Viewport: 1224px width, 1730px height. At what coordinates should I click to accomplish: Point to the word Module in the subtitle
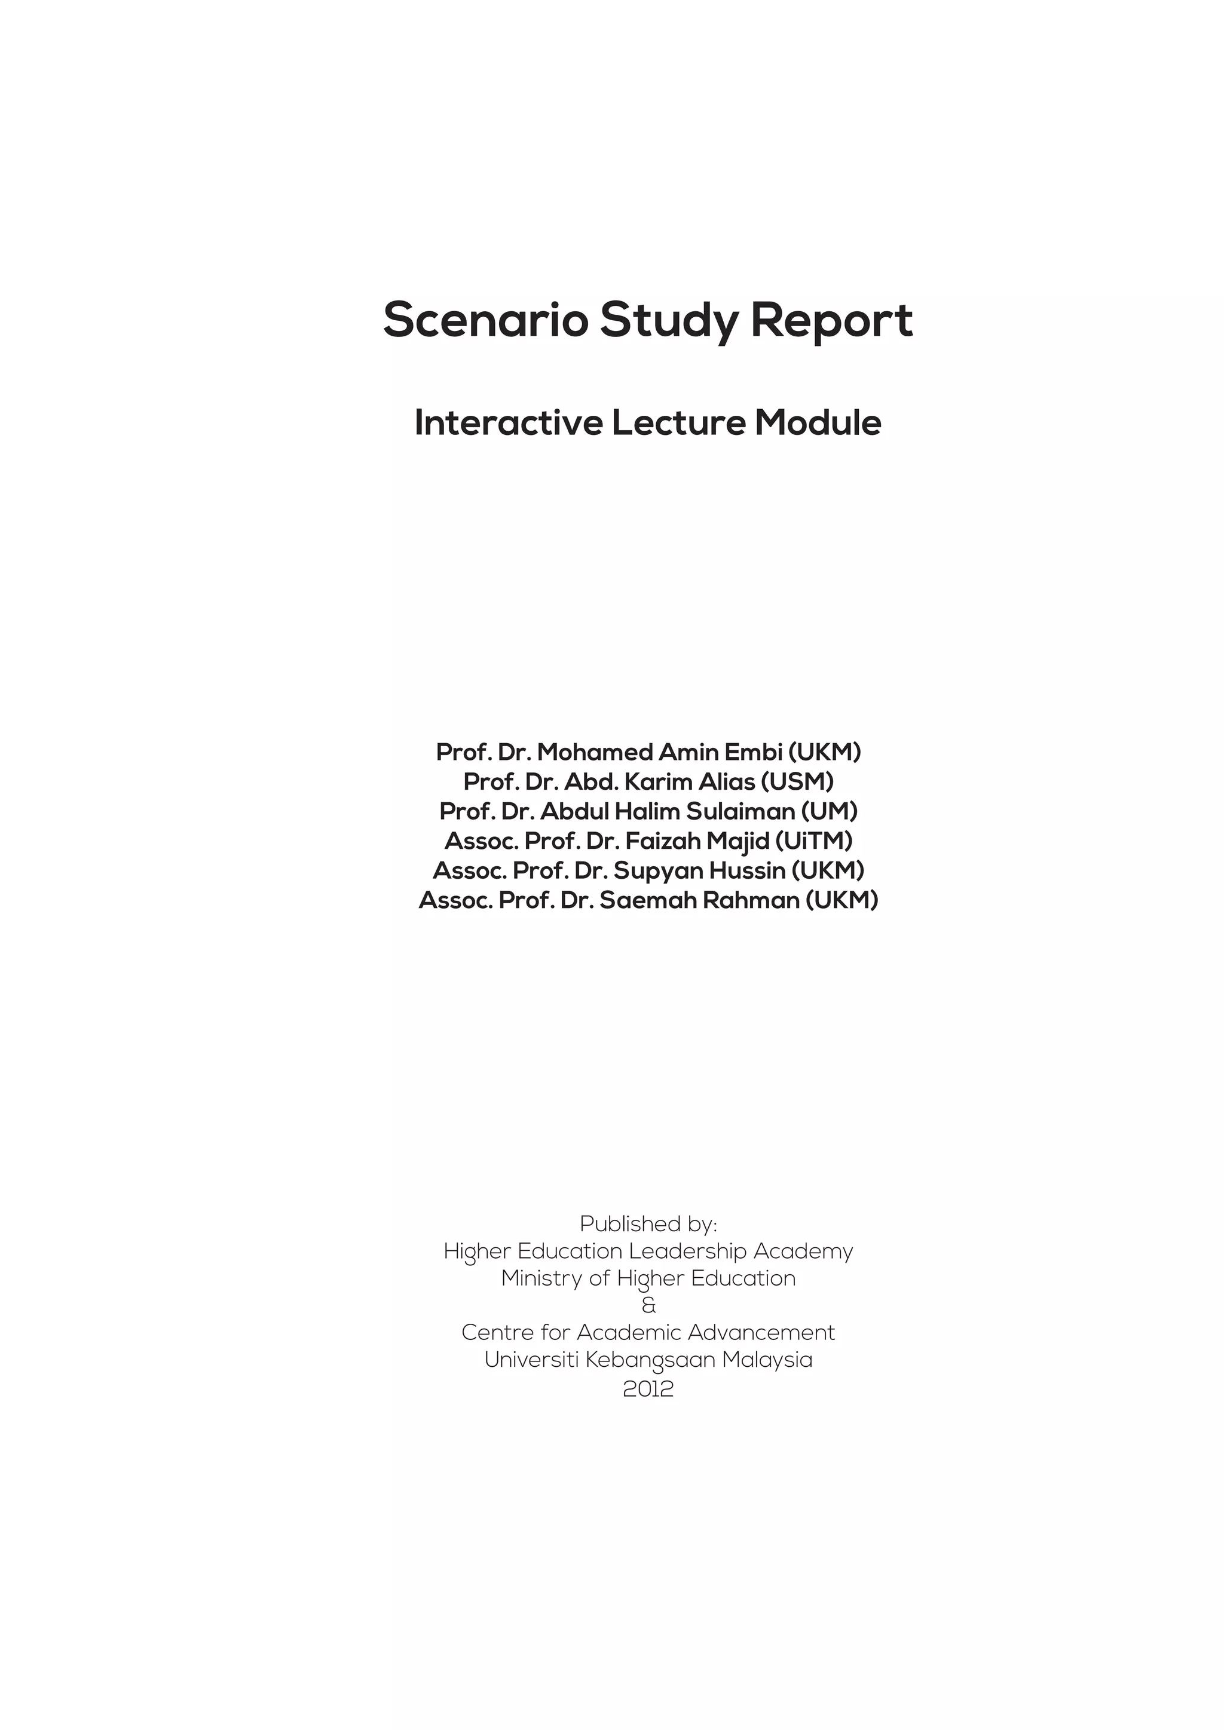[x=818, y=423]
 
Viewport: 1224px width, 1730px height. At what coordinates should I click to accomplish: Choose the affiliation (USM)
[x=797, y=781]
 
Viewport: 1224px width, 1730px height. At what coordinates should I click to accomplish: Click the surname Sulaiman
[x=740, y=811]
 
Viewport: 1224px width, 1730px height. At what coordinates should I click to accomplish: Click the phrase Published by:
[x=648, y=1223]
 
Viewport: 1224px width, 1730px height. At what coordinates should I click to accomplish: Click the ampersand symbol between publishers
[x=648, y=1305]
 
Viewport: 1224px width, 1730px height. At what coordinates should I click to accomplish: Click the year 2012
[x=648, y=1389]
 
